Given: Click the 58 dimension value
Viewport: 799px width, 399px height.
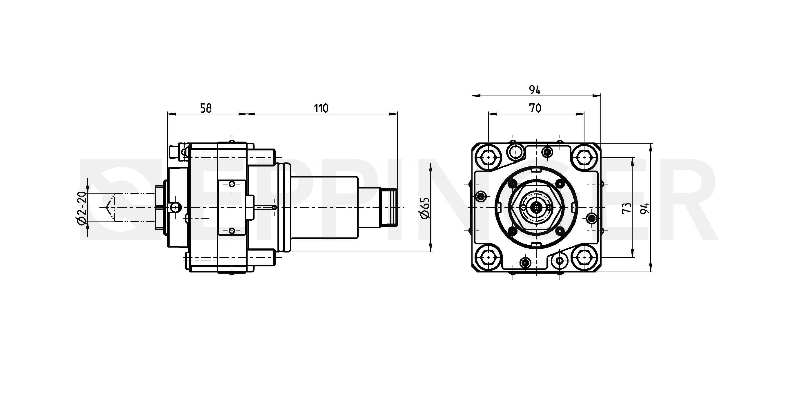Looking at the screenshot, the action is point(206,108).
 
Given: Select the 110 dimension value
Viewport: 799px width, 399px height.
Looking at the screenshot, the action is point(321,108).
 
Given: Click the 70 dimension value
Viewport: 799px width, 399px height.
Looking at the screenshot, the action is point(535,108).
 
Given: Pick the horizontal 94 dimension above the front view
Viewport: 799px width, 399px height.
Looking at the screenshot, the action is point(535,90).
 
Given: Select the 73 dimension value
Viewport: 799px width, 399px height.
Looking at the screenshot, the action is point(627,208).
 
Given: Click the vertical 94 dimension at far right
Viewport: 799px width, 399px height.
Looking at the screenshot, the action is point(645,208).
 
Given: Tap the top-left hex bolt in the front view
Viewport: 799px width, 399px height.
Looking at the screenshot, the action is point(489,157).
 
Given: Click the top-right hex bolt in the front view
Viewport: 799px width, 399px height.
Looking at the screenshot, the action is point(584,157).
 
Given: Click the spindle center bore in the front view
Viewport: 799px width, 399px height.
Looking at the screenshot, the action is point(536,207).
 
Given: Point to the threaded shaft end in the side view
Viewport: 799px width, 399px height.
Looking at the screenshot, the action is point(389,207).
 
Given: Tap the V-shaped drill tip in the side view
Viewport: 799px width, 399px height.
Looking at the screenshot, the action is point(108,207).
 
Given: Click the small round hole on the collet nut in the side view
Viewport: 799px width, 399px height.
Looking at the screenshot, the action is point(176,207).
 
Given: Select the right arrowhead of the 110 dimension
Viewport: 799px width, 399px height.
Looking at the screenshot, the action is point(394,114).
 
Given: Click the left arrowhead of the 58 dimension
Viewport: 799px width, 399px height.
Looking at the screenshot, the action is point(172,114).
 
